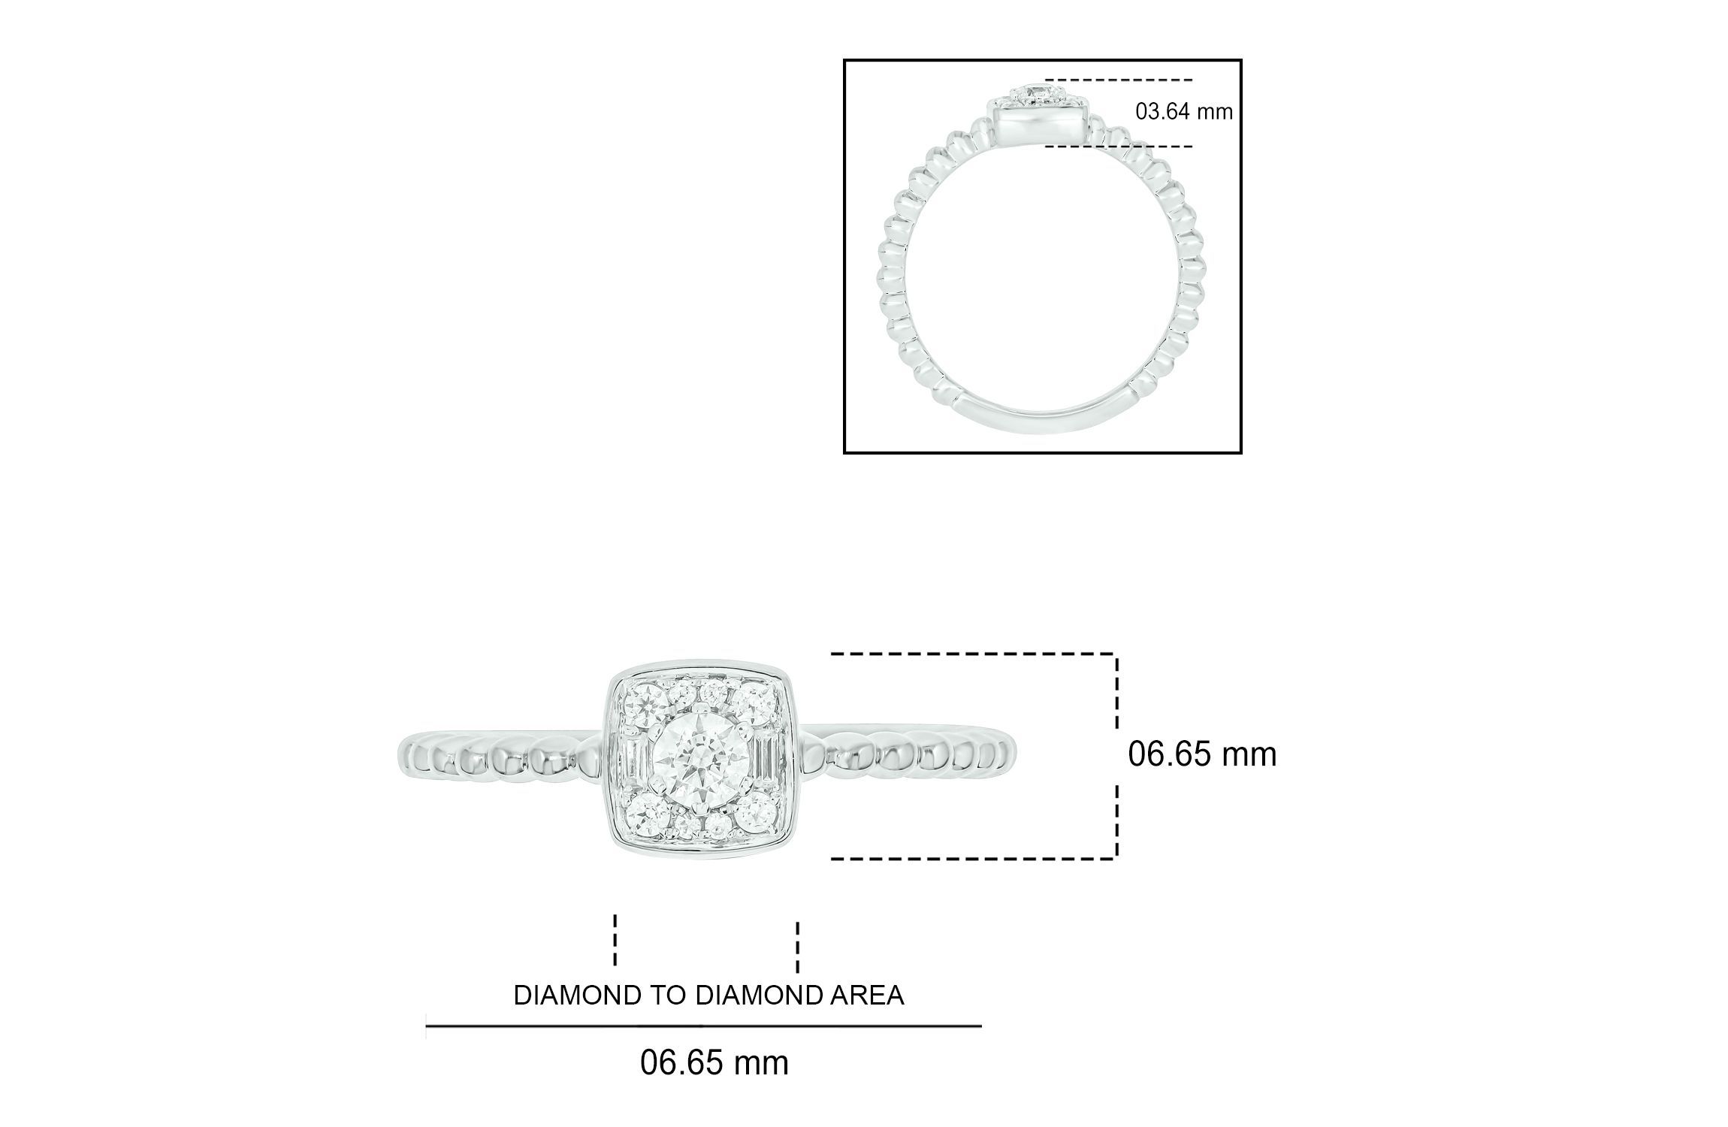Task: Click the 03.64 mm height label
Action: pos(1184,112)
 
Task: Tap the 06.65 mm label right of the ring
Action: pos(1202,754)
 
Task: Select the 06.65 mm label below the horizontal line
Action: pos(714,1063)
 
